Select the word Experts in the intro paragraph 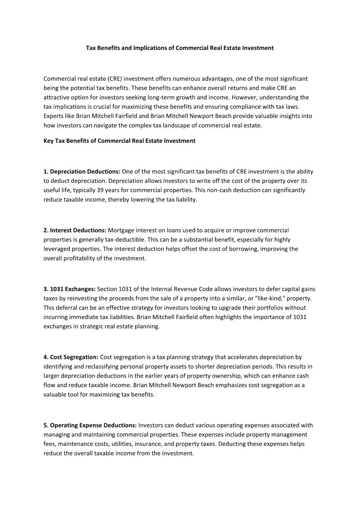[54, 116]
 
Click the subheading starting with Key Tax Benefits [119, 141]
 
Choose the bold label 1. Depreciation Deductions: [82, 172]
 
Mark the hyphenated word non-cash [214, 190]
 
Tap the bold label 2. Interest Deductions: [75, 230]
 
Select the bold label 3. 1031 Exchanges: [69, 289]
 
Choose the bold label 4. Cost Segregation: [71, 357]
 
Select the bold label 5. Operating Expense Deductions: [90, 425]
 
